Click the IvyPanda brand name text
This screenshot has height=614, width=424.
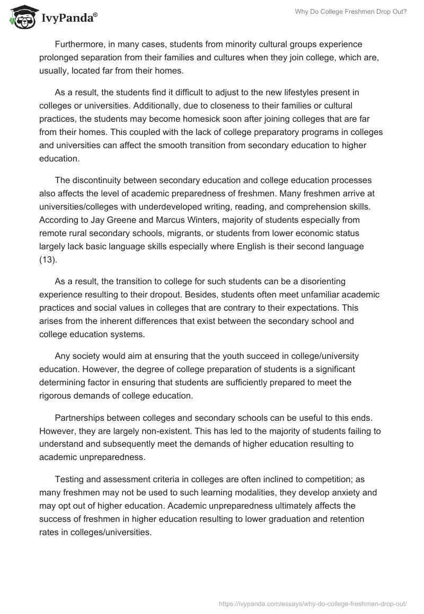point(68,19)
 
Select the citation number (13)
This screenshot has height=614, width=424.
point(49,259)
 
